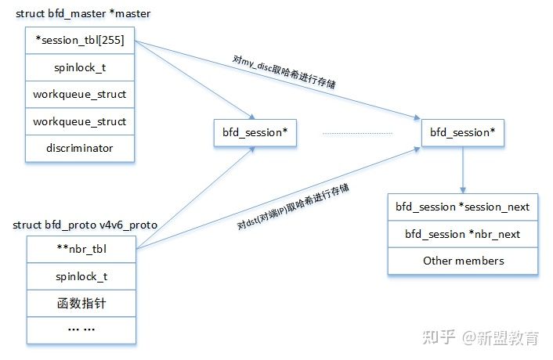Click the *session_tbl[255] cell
click(x=80, y=41)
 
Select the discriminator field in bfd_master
click(x=80, y=148)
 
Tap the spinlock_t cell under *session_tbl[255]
click(x=80, y=67)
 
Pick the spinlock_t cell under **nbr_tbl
click(x=80, y=276)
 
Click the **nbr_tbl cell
click(x=80, y=249)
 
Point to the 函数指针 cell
click(x=80, y=303)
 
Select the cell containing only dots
click(x=80, y=329)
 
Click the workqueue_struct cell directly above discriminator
click(x=80, y=121)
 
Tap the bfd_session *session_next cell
click(x=462, y=207)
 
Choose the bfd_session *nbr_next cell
click(x=462, y=234)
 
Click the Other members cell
click(x=462, y=261)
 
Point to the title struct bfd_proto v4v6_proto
click(x=85, y=225)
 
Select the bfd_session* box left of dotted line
click(x=255, y=133)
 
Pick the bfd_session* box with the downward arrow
click(x=462, y=133)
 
